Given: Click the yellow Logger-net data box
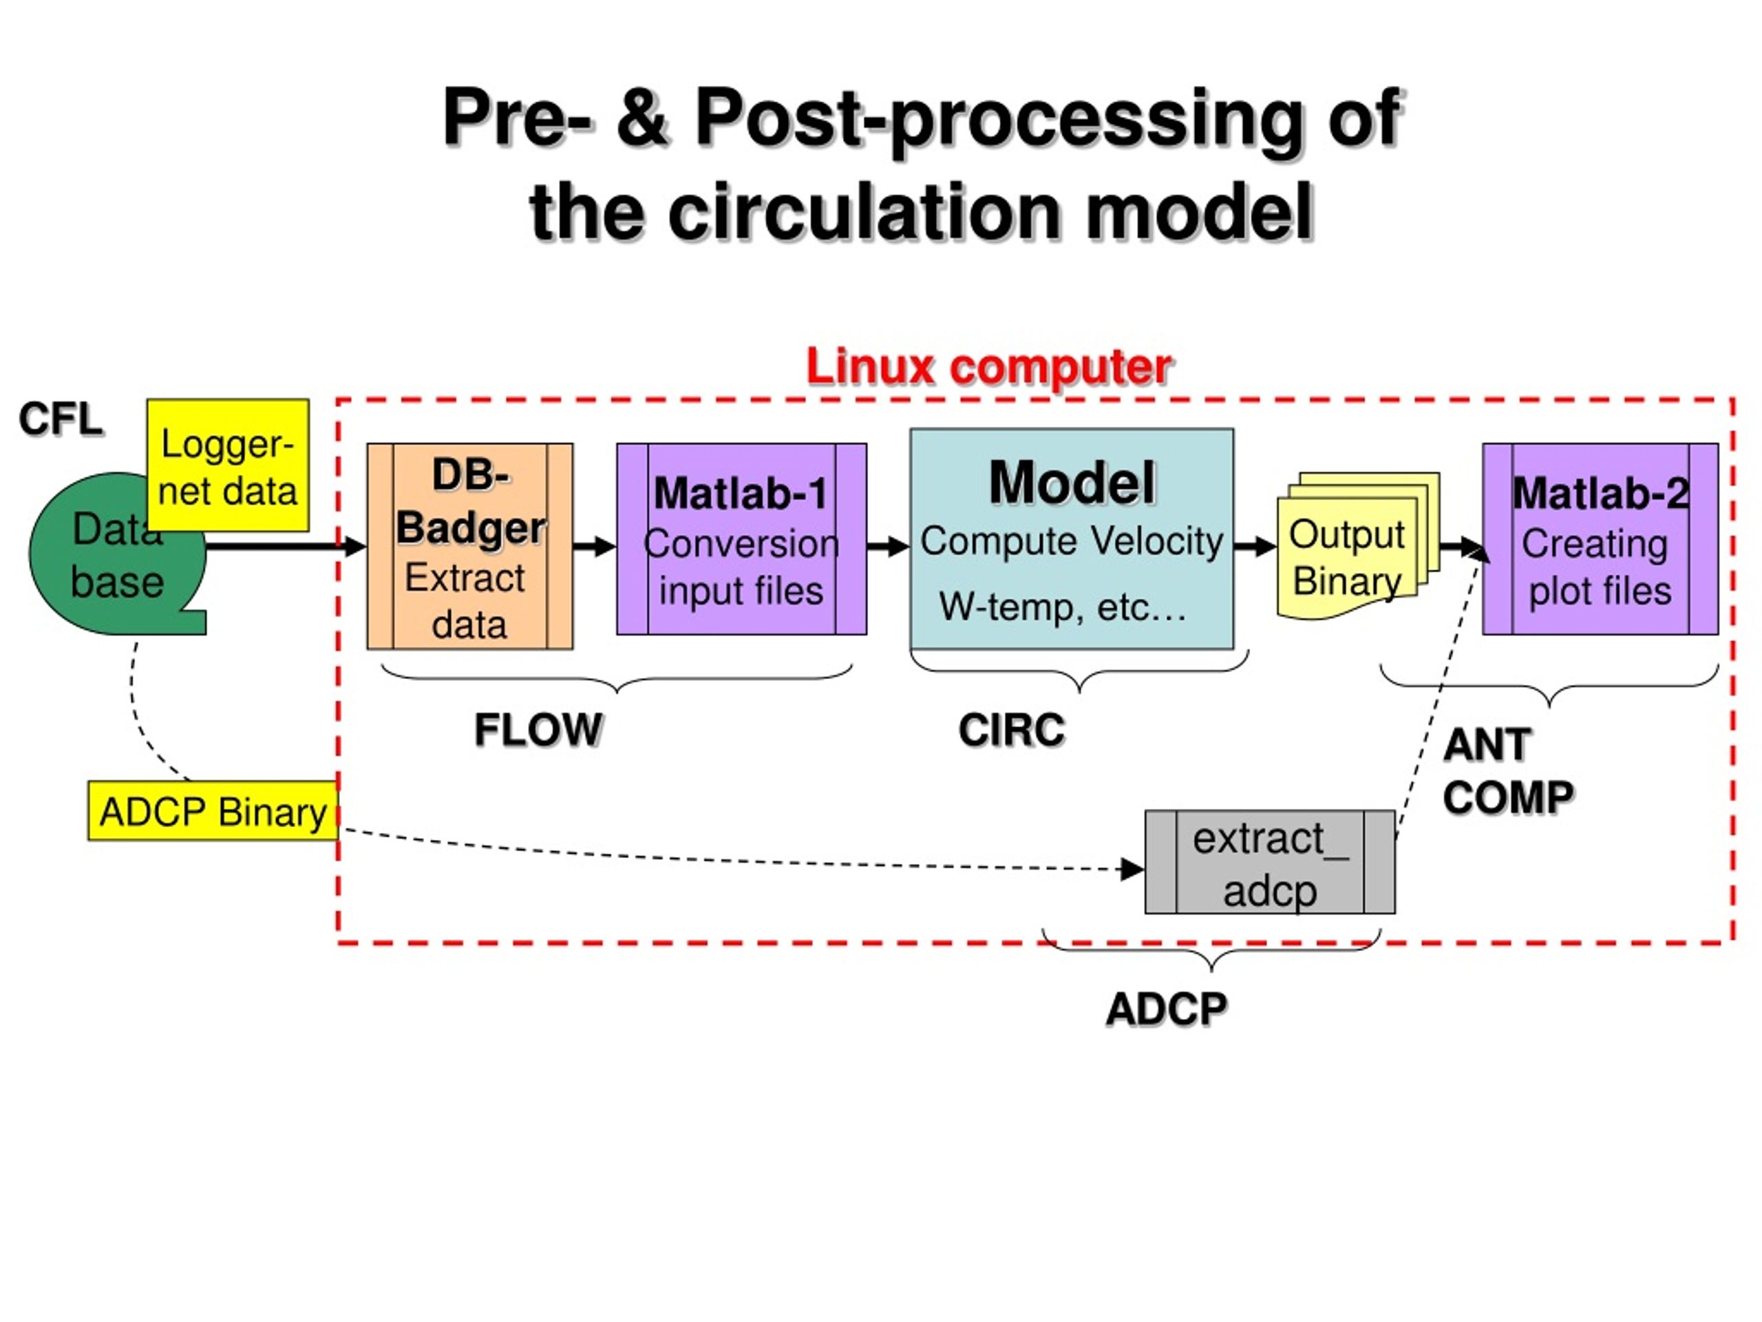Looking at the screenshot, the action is point(228,465).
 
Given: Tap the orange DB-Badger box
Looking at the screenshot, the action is point(470,547).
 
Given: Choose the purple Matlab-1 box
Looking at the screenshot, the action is point(741,540).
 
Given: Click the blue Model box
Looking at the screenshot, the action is point(1072,540).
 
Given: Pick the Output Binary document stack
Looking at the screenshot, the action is point(1357,546).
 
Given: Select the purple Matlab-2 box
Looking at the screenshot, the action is point(1600,540).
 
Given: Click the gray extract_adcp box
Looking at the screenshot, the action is point(1270,862).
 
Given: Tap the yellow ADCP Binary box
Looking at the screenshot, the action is point(213,811).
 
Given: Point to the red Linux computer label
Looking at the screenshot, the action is point(988,368).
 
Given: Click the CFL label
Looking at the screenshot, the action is point(61,419).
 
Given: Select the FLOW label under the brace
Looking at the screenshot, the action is point(538,730).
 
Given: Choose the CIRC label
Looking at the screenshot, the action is point(1012,730).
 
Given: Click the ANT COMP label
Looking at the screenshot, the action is point(1509,771).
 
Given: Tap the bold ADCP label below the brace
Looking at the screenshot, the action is point(1167,1009).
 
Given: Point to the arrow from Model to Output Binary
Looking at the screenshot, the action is point(1255,547).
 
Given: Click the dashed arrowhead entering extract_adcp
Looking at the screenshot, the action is point(1133,870).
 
